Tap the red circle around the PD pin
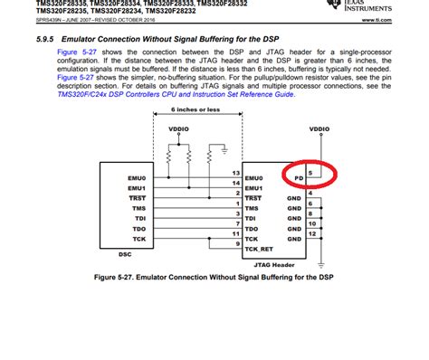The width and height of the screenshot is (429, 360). [308, 175]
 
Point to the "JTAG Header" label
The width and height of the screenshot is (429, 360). [276, 265]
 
